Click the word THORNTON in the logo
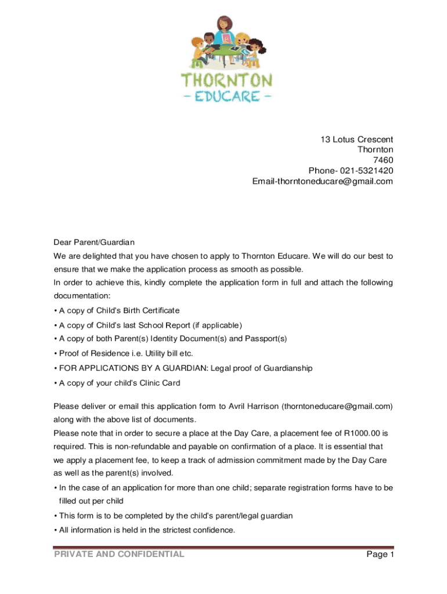tap(227, 80)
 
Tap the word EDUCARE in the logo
tap(227, 95)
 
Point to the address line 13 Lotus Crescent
tap(356, 140)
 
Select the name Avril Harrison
tap(251, 406)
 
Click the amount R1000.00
tap(357, 433)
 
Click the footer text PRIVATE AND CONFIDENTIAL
tap(119, 555)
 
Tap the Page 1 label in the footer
tap(380, 555)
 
